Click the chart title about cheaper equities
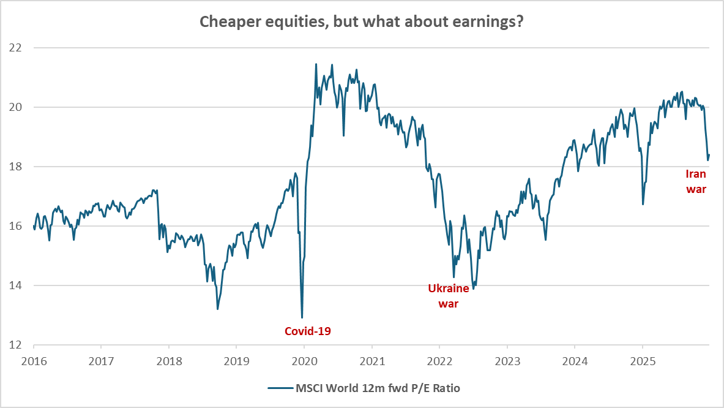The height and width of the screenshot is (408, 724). click(361, 22)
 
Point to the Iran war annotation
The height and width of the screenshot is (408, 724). click(696, 182)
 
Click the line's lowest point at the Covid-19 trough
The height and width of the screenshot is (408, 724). click(302, 317)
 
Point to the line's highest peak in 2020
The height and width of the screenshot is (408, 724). click(316, 64)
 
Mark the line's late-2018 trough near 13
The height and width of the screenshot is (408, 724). click(218, 309)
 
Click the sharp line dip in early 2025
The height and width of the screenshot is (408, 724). click(643, 204)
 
